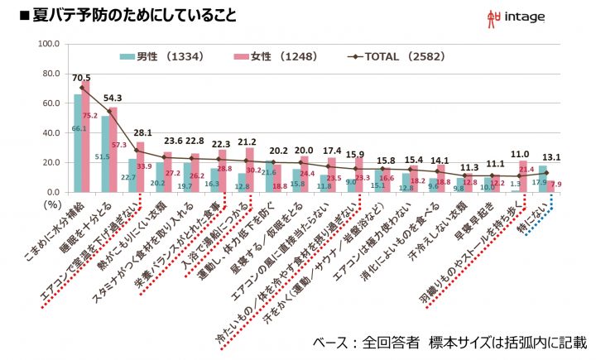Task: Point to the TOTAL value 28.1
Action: point(143,132)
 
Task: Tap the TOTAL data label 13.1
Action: point(553,157)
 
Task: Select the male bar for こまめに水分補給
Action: point(79,143)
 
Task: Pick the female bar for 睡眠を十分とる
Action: point(113,150)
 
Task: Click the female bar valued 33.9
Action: point(141,167)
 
